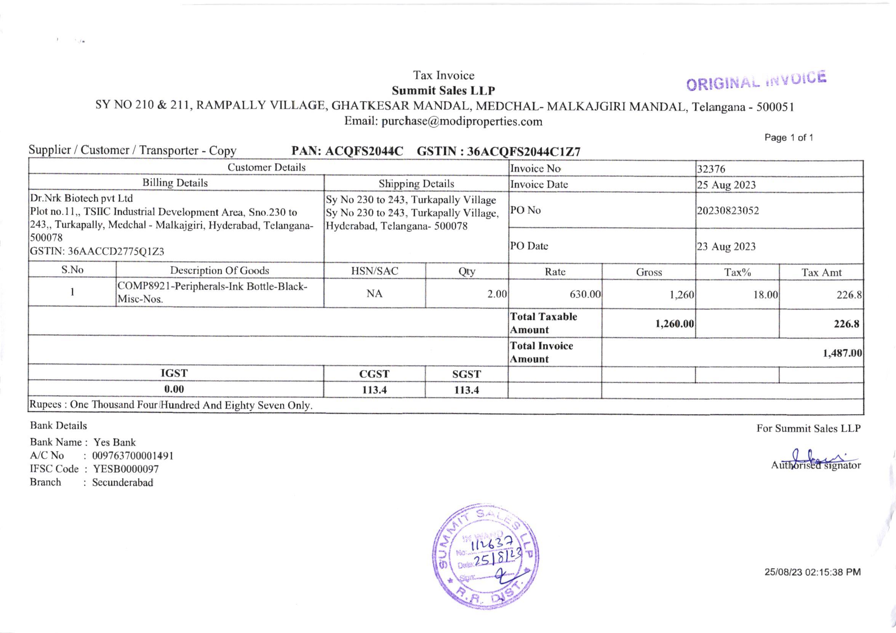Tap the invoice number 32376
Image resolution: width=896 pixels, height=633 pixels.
[711, 169]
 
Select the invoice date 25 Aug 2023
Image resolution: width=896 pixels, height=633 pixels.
[726, 185]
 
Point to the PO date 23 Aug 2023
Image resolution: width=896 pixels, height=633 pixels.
[726, 247]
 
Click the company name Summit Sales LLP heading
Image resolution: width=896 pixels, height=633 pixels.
[443, 91]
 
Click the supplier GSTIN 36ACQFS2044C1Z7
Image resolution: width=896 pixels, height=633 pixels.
[523, 152]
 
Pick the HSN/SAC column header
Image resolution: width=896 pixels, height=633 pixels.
[374, 271]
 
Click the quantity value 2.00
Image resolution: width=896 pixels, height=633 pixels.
[497, 294]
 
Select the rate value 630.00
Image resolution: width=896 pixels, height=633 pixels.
[585, 294]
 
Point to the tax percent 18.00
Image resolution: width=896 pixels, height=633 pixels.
[765, 295]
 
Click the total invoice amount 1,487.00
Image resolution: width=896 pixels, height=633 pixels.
[842, 353]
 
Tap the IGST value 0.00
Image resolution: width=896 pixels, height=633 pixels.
[174, 389]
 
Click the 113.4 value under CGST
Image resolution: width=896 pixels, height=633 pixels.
[374, 390]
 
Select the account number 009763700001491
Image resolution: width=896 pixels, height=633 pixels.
[133, 456]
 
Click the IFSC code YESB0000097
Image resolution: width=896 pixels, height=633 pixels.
[125, 469]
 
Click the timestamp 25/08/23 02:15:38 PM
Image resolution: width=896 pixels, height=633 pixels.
[813, 572]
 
